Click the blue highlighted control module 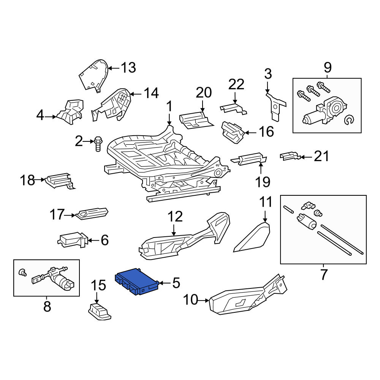[137, 281]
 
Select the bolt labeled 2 [98, 144]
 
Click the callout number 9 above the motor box [328, 68]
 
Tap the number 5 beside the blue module [176, 283]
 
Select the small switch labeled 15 [99, 312]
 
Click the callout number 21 [321, 156]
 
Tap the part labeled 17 [92, 213]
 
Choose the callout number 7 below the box [324, 274]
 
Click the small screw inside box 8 [23, 272]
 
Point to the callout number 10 [190, 300]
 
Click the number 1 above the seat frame [169, 106]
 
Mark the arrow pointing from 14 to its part [137, 94]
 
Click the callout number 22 [236, 84]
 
